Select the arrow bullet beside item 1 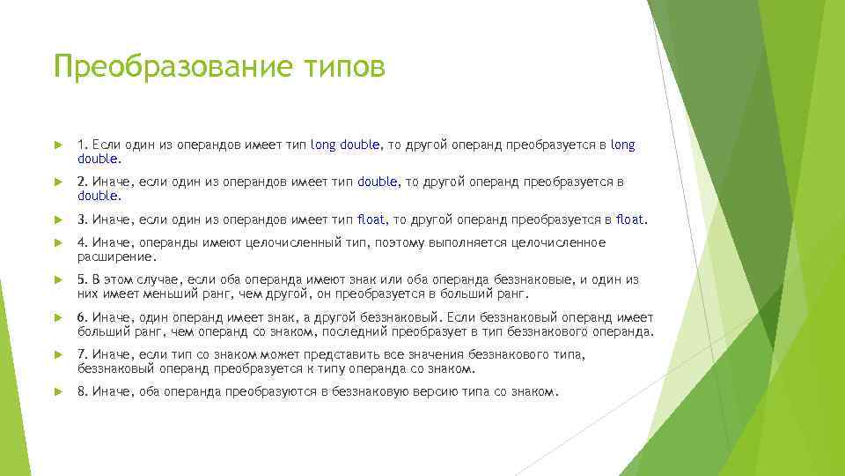[x=58, y=145]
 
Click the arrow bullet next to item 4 [x=58, y=242]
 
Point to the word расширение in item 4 [x=116, y=257]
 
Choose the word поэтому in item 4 [x=400, y=242]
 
